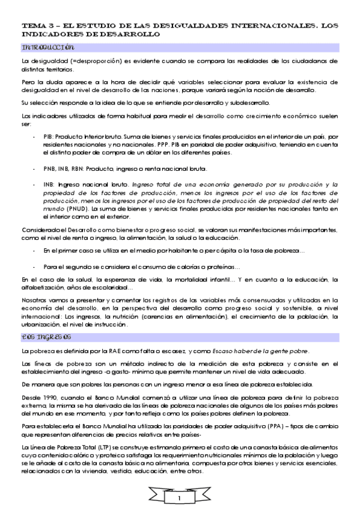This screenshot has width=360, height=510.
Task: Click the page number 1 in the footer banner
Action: [180, 498]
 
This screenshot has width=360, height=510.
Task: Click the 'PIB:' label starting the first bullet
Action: [49, 137]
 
